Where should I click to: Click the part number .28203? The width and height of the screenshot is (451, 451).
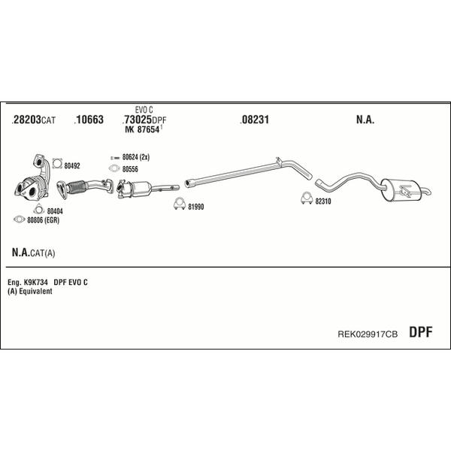[26, 120]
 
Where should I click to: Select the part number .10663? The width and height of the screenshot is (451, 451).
[89, 120]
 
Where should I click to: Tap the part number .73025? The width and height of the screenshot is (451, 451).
[138, 120]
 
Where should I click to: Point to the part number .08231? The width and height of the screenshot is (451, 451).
[255, 120]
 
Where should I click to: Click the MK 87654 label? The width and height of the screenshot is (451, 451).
[142, 130]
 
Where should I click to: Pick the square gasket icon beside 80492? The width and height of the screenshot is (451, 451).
[58, 164]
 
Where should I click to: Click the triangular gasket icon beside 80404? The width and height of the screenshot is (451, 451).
[38, 209]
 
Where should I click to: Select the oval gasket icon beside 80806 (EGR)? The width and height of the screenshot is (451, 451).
[20, 219]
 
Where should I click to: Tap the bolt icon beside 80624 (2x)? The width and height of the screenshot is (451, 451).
[115, 158]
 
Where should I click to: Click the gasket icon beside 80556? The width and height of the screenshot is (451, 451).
[114, 168]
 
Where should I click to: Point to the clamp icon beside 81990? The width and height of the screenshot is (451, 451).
[179, 204]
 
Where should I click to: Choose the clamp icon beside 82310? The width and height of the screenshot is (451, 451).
[307, 198]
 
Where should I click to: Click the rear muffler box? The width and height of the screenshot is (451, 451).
[401, 190]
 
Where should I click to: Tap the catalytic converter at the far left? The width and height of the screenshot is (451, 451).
[32, 187]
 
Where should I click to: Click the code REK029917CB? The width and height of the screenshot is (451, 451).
[368, 334]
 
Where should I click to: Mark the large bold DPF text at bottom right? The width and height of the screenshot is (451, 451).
[420, 332]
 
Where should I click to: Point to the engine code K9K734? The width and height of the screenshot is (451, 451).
[36, 282]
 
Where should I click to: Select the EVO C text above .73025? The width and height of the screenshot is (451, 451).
[144, 110]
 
